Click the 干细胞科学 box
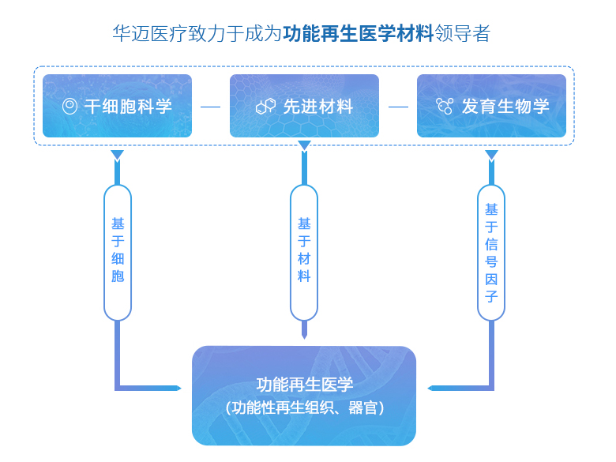(x=117, y=106)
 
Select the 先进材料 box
(x=304, y=106)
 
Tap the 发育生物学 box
(x=491, y=106)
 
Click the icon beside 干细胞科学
(x=70, y=107)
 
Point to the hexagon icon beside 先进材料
(x=265, y=107)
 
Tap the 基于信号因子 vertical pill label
(x=491, y=253)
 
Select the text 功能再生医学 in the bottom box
(x=304, y=385)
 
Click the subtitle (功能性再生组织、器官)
(x=304, y=408)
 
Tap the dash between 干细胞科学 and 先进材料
(x=211, y=107)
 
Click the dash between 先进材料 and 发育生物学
(x=398, y=107)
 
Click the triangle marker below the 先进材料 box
(x=304, y=145)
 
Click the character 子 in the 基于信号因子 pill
(x=491, y=297)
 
